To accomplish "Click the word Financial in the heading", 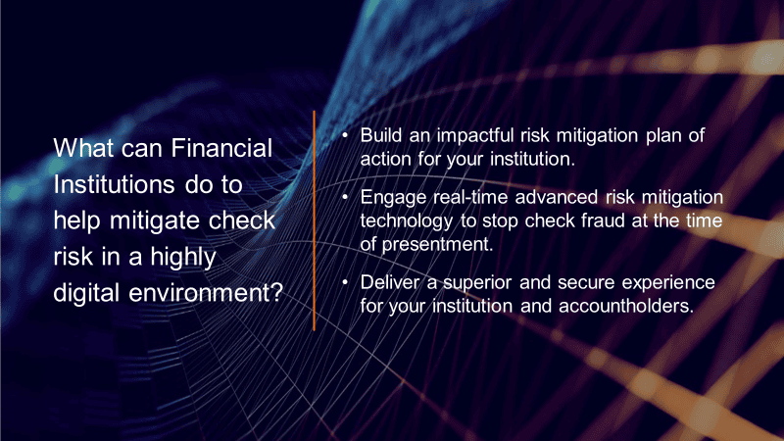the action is click(221, 148).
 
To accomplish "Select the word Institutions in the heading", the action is click(114, 184).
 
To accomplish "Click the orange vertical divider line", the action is click(314, 220).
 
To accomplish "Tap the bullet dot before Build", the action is click(345, 135).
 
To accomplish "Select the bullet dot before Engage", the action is click(345, 197).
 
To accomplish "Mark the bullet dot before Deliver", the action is click(345, 282).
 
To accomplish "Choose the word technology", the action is click(407, 221).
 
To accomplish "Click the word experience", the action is click(668, 283).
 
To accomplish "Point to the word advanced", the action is click(557, 197).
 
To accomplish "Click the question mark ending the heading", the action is click(277, 292).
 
